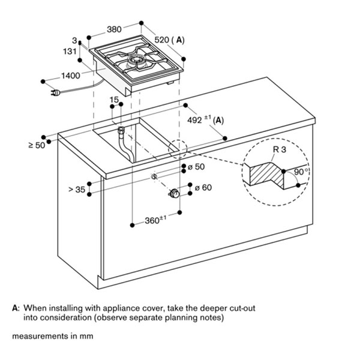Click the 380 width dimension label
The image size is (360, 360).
(114, 29)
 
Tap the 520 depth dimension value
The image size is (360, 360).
(162, 40)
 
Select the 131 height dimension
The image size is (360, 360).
(70, 51)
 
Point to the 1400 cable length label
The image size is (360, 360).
(71, 76)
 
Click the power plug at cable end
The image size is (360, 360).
(55, 93)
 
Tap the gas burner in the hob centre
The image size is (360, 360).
(138, 62)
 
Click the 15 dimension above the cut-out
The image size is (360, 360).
(114, 100)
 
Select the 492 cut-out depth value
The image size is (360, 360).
(194, 120)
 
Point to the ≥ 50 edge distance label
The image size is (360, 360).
(37, 145)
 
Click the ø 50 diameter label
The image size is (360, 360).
(196, 167)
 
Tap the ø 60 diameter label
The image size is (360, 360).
(203, 188)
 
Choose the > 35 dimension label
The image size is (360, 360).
(77, 190)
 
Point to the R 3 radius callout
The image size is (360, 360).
(280, 149)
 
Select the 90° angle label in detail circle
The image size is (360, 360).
(301, 172)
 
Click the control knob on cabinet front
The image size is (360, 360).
(175, 193)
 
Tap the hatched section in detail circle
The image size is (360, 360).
(267, 175)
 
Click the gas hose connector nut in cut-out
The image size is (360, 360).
(121, 130)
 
